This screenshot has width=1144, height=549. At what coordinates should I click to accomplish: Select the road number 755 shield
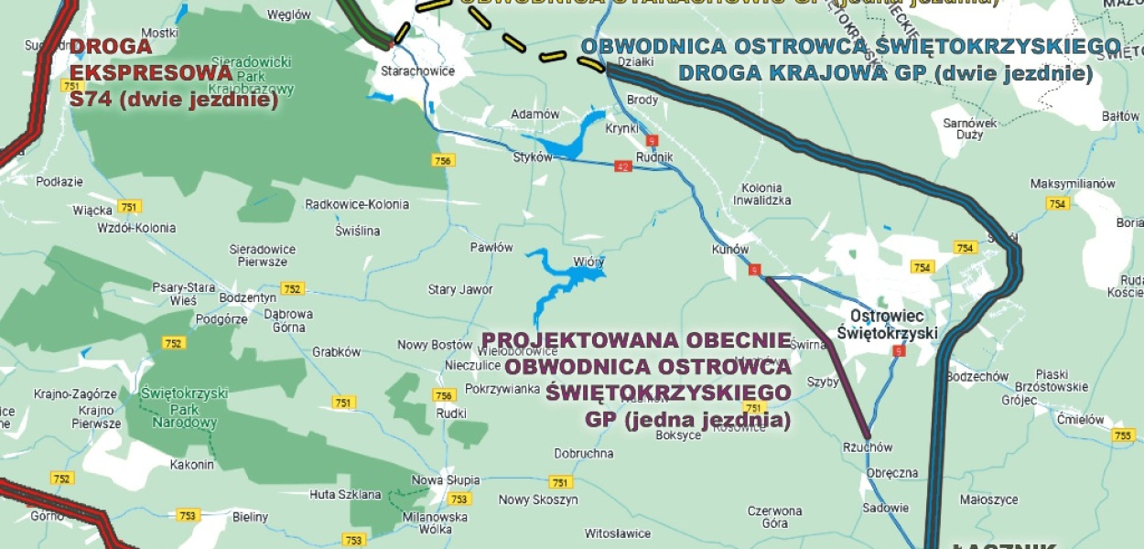1122,436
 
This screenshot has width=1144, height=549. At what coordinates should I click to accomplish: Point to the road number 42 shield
623,167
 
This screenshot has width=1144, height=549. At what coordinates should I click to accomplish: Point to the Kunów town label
729,249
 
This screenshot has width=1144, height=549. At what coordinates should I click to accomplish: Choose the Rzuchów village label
867,447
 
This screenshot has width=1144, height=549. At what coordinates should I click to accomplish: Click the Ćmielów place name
1081,420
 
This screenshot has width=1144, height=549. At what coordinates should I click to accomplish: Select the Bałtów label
1120,116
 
